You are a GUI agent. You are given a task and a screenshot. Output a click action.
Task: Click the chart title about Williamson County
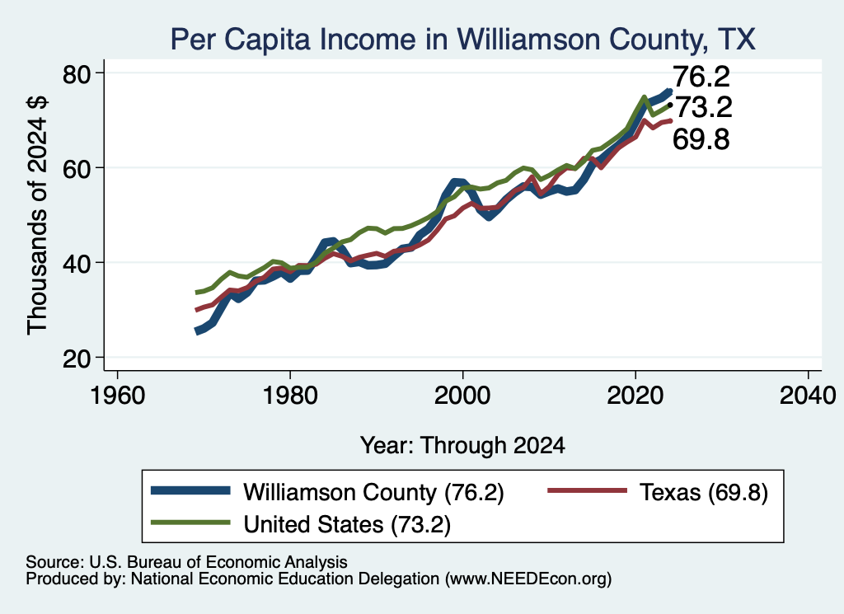click(x=463, y=40)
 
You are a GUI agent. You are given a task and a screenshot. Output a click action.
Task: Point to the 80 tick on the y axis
click(x=77, y=73)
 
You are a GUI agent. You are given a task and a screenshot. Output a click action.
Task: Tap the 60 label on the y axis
click(x=77, y=168)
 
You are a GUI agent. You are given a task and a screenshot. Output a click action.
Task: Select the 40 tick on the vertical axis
click(x=77, y=263)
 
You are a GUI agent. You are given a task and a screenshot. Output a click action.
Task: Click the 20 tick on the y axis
click(x=77, y=359)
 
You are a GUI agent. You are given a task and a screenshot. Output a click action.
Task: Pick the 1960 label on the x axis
click(x=117, y=396)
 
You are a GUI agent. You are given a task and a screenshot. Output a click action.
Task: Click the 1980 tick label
click(x=290, y=396)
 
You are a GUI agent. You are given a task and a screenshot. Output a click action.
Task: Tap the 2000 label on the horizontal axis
click(x=462, y=396)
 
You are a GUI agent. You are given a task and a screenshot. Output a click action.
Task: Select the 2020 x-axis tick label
click(x=635, y=396)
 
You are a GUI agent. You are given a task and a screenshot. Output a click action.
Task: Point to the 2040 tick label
click(x=808, y=396)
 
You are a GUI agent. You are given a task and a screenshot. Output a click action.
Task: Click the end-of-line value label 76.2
click(x=701, y=77)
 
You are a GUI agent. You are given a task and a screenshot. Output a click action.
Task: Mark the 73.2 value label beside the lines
click(x=704, y=107)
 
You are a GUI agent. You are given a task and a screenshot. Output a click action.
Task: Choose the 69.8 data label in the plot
click(x=701, y=139)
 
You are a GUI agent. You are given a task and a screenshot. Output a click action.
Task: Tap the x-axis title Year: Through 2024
click(x=462, y=446)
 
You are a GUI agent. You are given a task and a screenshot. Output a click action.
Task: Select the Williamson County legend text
click(x=373, y=492)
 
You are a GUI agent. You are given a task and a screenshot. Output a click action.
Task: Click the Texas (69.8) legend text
click(x=704, y=492)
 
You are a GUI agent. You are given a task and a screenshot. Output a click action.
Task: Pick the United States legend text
click(x=347, y=524)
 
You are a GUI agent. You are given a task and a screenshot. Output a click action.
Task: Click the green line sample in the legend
click(x=190, y=523)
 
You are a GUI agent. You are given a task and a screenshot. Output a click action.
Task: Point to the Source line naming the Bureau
click(x=186, y=562)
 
